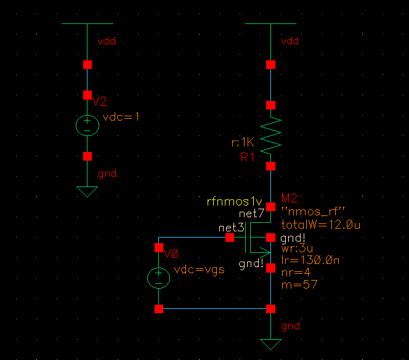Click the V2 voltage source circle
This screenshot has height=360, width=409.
[x=87, y=126]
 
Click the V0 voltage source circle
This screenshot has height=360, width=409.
[x=158, y=278]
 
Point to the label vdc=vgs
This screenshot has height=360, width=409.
[x=200, y=270]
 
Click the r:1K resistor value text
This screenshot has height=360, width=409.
[x=243, y=143]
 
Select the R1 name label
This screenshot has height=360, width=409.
[x=248, y=158]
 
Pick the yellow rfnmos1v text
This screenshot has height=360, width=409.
[x=234, y=201]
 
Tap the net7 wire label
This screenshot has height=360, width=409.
[x=251, y=213]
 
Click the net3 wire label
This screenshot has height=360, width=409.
[x=231, y=228]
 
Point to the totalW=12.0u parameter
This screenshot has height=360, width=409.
[x=320, y=225]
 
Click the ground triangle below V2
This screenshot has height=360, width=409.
[x=87, y=191]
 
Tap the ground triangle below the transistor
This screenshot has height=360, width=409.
[x=270, y=344]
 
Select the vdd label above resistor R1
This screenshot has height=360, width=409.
[x=290, y=41]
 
